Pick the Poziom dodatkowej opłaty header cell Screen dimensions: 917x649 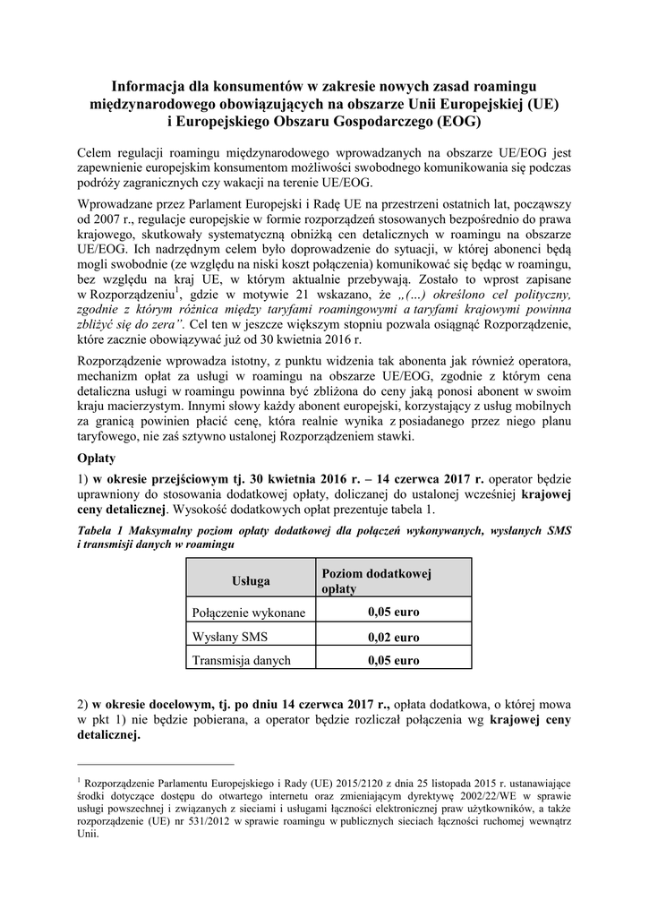tap(376, 581)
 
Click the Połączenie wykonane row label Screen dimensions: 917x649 tap(249, 613)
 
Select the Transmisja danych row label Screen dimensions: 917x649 tap(242, 662)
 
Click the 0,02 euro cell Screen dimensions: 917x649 tap(393, 638)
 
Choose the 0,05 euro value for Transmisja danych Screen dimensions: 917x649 tap(393, 662)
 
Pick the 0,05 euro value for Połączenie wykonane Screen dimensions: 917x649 tap(393, 613)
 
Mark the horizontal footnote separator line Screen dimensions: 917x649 tap(156, 765)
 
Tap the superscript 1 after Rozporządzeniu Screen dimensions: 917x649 tap(178, 288)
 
